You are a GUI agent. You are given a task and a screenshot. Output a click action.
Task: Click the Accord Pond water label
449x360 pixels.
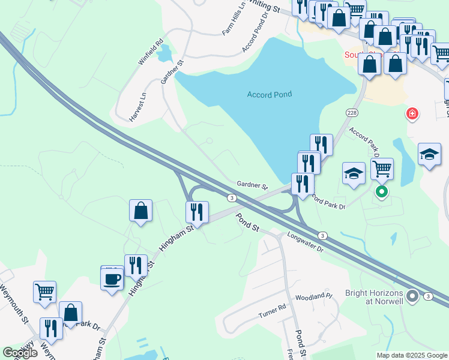(270, 94)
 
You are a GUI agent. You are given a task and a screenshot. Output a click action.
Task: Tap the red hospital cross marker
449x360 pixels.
(412, 113)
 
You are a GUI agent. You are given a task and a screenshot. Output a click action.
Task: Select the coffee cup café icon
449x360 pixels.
(112, 280)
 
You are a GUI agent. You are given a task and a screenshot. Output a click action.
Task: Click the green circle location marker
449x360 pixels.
(381, 192)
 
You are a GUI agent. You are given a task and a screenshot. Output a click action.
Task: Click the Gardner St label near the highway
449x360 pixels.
(252, 185)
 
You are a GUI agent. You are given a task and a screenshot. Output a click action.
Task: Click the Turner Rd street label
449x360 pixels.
(271, 310)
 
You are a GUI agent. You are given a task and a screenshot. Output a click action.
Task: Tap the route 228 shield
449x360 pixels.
(352, 112)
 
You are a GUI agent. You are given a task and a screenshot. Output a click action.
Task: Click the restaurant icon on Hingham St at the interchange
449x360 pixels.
(196, 212)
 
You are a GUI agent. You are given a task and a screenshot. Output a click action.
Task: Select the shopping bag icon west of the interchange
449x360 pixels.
(140, 211)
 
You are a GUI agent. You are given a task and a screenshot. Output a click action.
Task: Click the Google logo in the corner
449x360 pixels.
(20, 353)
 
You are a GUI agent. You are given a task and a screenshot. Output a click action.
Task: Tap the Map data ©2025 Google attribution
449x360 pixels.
(412, 355)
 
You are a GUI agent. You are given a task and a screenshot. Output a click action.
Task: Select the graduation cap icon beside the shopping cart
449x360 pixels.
(354, 174)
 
